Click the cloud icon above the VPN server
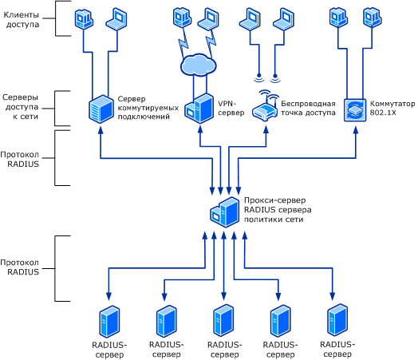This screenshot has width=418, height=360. pyautogui.click(x=199, y=65)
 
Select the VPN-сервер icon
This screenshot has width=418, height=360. pyautogui.click(x=199, y=109)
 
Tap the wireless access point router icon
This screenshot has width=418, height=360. pyautogui.click(x=265, y=106)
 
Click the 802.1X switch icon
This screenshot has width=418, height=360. pyautogui.click(x=355, y=110)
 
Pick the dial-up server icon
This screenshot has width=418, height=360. pyautogui.click(x=101, y=109)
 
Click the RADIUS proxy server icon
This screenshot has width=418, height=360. pyautogui.click(x=225, y=212)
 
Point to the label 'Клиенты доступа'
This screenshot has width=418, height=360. pyautogui.click(x=22, y=19)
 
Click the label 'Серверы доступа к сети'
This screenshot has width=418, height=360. pyautogui.click(x=21, y=107)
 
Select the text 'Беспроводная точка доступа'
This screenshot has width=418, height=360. pyautogui.click(x=308, y=108)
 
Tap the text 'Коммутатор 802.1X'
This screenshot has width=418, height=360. pyautogui.click(x=392, y=108)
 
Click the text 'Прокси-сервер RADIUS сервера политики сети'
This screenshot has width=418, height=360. pyautogui.click(x=278, y=210)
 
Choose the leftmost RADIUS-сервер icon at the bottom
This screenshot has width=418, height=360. pyautogui.click(x=109, y=322)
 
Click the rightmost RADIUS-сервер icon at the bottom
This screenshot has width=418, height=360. pyautogui.click(x=337, y=319)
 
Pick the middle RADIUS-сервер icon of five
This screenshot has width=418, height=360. pyautogui.click(x=223, y=320)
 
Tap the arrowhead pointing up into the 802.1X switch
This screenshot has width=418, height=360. pyautogui.click(x=356, y=130)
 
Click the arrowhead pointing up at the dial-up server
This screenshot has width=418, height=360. pyautogui.click(x=101, y=130)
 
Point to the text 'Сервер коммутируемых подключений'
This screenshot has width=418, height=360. pyautogui.click(x=148, y=108)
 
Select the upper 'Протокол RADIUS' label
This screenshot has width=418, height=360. pyautogui.click(x=20, y=159)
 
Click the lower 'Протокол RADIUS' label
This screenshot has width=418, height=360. pyautogui.click(x=20, y=267)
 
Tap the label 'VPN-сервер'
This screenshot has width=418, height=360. pyautogui.click(x=231, y=108)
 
